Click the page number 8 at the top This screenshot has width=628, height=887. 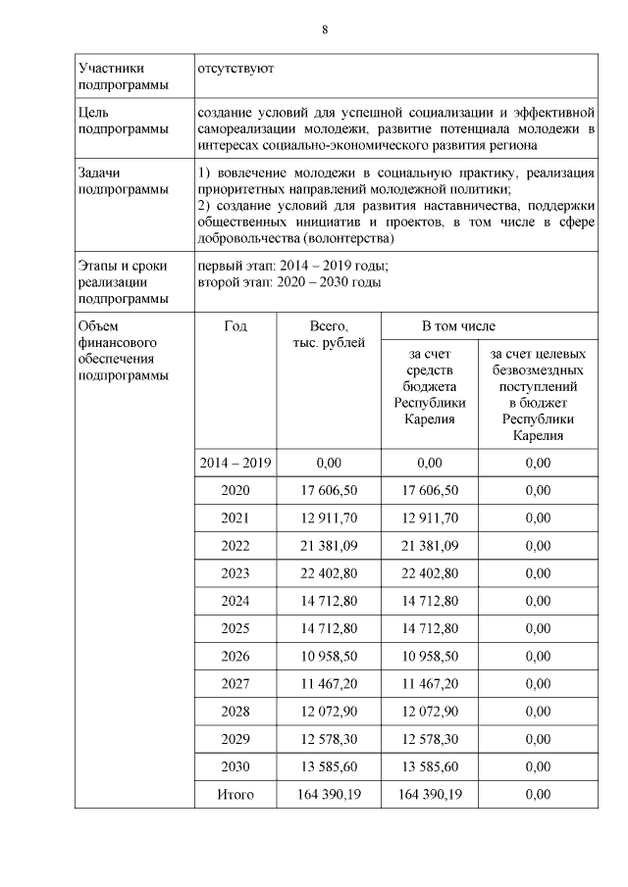coord(325,29)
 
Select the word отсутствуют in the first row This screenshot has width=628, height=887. coord(235,70)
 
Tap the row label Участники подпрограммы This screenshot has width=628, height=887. coord(112,77)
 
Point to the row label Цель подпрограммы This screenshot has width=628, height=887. coord(112,121)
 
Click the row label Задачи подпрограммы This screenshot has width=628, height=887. coord(112,181)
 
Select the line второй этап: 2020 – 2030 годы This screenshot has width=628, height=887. coord(289,282)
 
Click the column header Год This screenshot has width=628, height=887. coord(235,325)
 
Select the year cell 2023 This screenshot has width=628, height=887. coord(235,573)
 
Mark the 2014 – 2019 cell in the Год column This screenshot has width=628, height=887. coord(235,463)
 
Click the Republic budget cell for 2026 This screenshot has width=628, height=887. coord(430,657)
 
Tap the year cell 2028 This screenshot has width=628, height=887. coord(235,712)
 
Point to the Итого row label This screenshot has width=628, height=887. coord(235,795)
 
